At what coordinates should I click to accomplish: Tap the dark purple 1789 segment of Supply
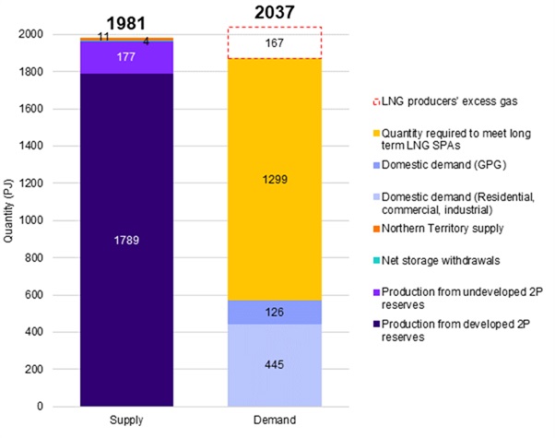(x=127, y=240)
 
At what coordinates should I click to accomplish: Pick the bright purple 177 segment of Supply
(x=127, y=57)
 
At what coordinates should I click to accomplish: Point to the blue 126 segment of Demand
(x=275, y=313)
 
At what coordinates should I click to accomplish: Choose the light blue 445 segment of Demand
(x=275, y=365)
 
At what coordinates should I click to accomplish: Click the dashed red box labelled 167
(x=275, y=42)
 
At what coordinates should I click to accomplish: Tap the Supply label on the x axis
(x=127, y=421)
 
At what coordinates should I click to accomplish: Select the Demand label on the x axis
(x=275, y=421)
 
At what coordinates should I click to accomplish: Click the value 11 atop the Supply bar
(x=104, y=36)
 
